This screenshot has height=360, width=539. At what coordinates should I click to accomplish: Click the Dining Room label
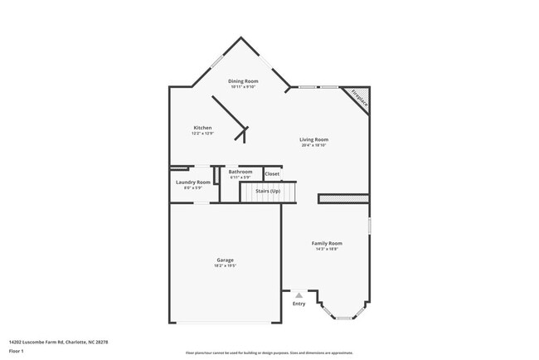point(244,80)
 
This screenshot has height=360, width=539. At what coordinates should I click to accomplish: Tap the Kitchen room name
point(202,128)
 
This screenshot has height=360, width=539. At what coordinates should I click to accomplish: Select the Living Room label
point(313,139)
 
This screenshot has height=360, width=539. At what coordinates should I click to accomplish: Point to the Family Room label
point(327,243)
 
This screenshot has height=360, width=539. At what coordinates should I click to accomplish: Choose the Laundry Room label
point(192,182)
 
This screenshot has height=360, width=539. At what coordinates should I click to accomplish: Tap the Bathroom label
point(240,172)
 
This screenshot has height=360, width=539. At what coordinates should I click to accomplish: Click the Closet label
point(272,174)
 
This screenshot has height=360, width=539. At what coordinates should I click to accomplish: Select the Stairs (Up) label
point(267,192)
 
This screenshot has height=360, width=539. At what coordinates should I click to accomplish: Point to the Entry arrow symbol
point(299,294)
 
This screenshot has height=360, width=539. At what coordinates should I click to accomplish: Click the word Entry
point(299,304)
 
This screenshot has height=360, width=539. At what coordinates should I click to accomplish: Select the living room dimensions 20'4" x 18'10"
point(313,145)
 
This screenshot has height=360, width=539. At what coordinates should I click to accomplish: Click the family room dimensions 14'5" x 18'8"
point(327,249)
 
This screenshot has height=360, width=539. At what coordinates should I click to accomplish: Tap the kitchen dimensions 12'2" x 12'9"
point(202,134)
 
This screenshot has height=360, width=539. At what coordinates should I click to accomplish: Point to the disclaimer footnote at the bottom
point(269,353)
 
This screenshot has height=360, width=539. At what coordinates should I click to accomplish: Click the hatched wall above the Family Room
point(343,199)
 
